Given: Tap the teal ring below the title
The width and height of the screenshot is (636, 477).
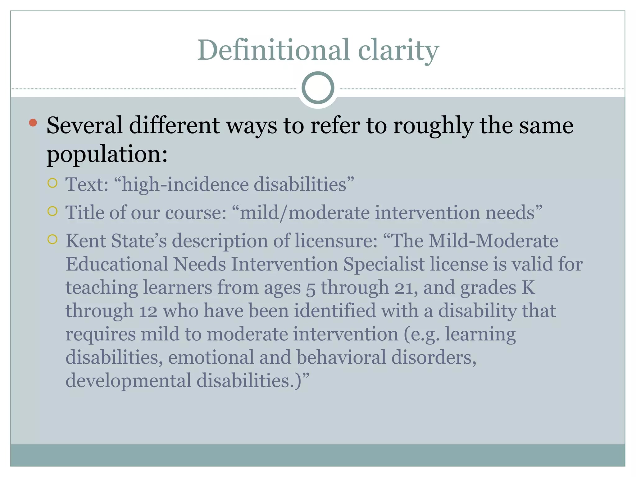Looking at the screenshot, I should click(318, 88).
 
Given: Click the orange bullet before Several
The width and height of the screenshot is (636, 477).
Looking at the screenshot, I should click(33, 123).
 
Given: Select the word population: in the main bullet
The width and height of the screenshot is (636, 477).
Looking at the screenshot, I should click(107, 154).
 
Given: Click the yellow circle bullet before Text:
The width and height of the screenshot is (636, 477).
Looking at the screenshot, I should click(52, 183).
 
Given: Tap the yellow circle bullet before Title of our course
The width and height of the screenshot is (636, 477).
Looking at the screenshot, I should click(52, 211).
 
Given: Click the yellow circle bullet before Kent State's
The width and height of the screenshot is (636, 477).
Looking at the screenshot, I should click(52, 239).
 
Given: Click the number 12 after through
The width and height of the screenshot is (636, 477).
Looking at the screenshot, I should click(148, 311).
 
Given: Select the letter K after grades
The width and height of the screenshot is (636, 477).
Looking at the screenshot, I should click(528, 288).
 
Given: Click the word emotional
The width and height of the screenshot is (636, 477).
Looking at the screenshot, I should click(211, 357).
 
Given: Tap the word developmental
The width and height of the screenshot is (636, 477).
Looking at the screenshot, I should click(128, 381).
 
